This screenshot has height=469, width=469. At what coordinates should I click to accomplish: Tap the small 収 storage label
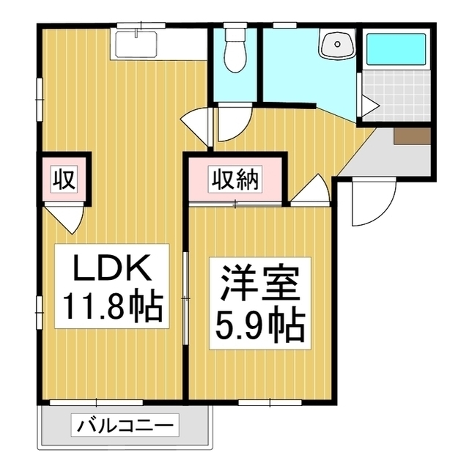(64, 178)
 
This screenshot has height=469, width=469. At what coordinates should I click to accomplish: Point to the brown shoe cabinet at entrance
(412, 136)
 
